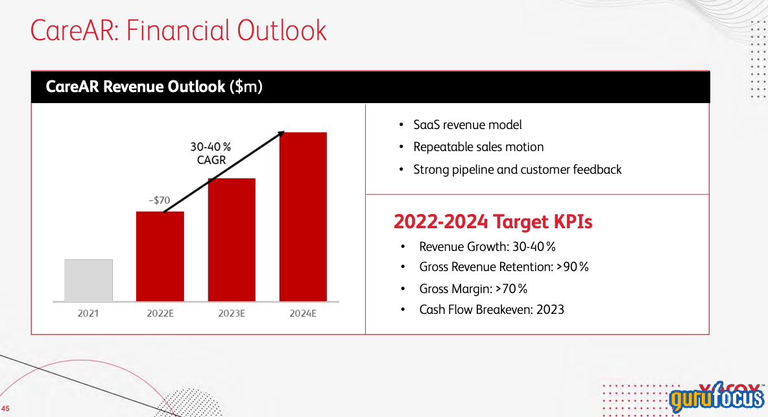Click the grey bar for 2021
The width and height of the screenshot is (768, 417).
click(88, 280)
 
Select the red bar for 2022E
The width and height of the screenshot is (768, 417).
click(160, 256)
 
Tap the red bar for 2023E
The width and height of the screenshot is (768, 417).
click(232, 239)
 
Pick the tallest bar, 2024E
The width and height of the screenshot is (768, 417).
click(303, 217)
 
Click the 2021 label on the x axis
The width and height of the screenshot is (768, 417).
click(88, 314)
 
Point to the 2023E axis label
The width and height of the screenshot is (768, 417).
click(232, 314)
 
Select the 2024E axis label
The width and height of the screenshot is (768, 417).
click(303, 314)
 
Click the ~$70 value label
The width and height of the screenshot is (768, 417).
click(160, 201)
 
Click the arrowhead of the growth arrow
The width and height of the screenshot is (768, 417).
click(282, 133)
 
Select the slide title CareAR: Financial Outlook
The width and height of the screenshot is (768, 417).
click(178, 30)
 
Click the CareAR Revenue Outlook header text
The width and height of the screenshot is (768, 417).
click(154, 86)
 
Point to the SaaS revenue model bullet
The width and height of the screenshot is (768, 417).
click(467, 125)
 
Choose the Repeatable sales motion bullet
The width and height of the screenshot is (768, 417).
click(478, 147)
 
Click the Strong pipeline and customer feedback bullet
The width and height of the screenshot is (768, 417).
click(517, 169)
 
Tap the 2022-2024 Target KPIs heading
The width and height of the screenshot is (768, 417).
click(493, 222)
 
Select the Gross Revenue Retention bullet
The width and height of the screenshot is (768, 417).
click(503, 267)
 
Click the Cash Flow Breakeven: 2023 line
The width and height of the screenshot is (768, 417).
click(491, 309)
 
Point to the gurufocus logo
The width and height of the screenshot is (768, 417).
click(716, 398)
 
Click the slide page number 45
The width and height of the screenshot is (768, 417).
click(6, 408)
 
